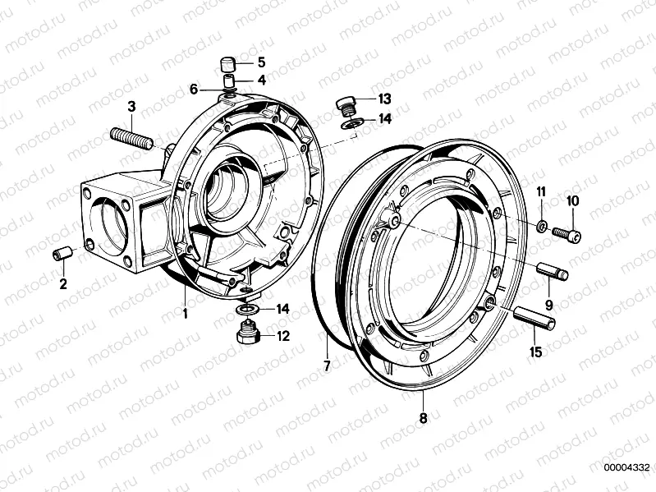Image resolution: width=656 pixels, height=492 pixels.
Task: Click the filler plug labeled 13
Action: tap(346, 105)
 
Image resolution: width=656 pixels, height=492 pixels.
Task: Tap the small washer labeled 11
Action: tap(542, 226)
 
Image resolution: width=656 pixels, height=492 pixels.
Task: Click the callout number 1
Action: tap(186, 313)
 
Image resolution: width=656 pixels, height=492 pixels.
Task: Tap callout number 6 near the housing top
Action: tap(194, 88)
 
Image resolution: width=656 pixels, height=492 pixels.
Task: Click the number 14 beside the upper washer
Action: tap(384, 118)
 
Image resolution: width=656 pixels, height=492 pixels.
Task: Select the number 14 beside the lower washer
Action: tap(283, 309)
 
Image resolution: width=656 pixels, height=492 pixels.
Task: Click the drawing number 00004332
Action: tap(626, 468)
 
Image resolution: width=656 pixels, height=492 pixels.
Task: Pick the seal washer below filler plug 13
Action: tap(351, 124)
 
